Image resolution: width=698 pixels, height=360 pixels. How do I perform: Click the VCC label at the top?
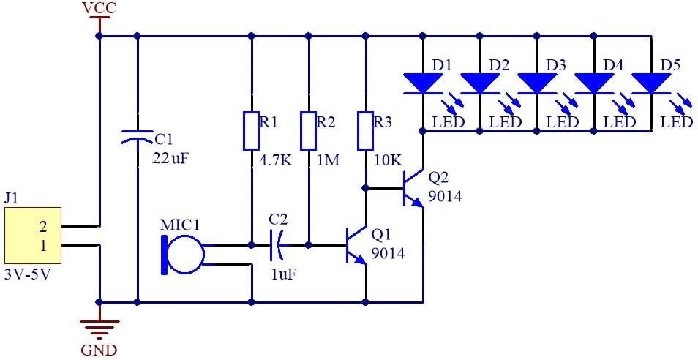pyautogui.click(x=99, y=8)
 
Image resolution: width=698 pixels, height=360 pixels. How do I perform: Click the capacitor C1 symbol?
pyautogui.click(x=137, y=135)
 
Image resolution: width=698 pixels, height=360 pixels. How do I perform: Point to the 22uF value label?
pyautogui.click(x=171, y=157)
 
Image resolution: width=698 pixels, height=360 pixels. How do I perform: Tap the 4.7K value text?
pyautogui.click(x=275, y=160)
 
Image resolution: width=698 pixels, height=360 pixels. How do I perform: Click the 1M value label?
pyautogui.click(x=328, y=160)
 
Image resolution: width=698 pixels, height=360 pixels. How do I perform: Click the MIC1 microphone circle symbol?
pyautogui.click(x=184, y=254)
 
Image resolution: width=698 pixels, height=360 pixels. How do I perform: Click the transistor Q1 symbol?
pyautogui.click(x=357, y=245)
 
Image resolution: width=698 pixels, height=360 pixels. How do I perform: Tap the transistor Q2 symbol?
pyautogui.click(x=414, y=188)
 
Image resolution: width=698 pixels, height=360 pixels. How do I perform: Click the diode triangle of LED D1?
pyautogui.click(x=422, y=83)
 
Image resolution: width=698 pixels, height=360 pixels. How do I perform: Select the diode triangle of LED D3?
pyautogui.click(x=536, y=83)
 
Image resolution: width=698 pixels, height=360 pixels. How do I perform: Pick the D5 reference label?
pyautogui.click(x=670, y=65)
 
